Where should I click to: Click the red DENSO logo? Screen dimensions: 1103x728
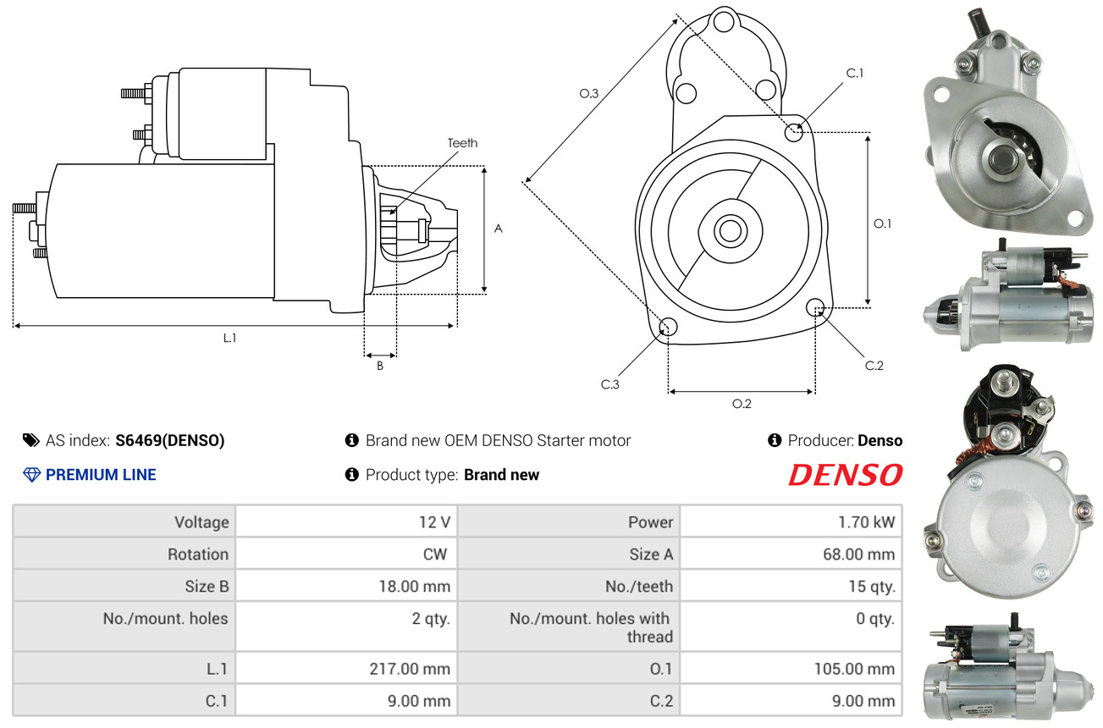(845, 475)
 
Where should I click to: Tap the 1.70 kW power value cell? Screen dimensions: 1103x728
(791, 521)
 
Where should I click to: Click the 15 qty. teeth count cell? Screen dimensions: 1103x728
(791, 586)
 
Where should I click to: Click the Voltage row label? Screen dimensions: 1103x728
(201, 522)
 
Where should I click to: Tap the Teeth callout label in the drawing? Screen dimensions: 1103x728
(462, 143)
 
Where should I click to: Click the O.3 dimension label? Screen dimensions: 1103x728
(588, 93)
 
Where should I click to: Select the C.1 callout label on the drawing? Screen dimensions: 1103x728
(855, 73)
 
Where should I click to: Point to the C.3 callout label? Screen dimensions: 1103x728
(609, 384)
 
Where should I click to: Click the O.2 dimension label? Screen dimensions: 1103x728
(742, 404)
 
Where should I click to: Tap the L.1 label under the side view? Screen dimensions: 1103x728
(229, 338)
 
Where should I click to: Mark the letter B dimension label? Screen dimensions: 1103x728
(379, 366)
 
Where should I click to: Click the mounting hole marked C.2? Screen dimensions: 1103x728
(815, 307)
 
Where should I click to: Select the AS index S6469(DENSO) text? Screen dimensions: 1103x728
(170, 440)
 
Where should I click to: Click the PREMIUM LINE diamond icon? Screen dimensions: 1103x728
(32, 475)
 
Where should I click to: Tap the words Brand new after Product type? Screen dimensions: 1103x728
(501, 475)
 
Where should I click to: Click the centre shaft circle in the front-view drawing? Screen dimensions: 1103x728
(731, 230)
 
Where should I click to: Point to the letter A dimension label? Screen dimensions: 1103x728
(499, 229)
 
